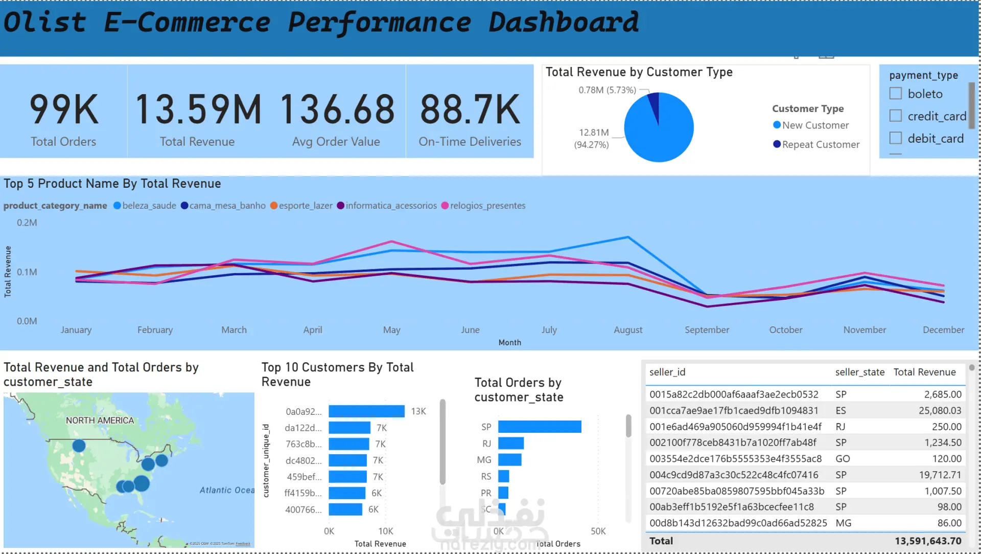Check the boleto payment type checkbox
tap(896, 94)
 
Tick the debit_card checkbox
tap(896, 138)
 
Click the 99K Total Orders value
tap(64, 109)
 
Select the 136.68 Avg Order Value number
tap(337, 109)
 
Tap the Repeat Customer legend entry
tap(820, 145)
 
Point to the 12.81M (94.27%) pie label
tap(592, 139)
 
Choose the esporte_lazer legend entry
tap(305, 206)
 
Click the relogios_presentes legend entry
tap(487, 206)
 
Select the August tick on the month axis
tap(628, 330)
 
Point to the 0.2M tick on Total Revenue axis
tap(27, 223)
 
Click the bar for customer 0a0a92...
tap(366, 411)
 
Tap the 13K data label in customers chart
tap(418, 411)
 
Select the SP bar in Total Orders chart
tap(540, 427)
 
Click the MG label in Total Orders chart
tap(484, 460)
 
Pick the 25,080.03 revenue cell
tap(940, 411)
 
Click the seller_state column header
tap(859, 372)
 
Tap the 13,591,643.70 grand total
tap(928, 541)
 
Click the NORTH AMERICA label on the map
tap(100, 420)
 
